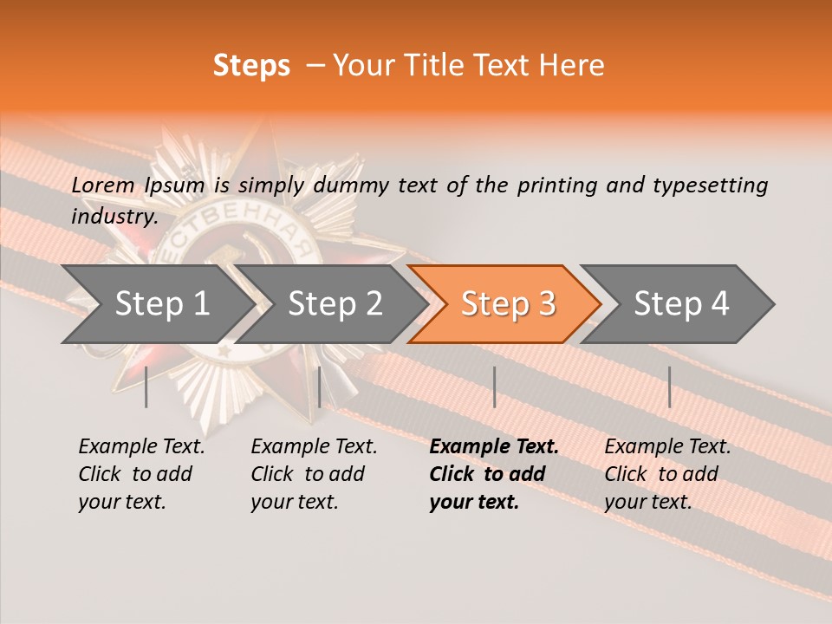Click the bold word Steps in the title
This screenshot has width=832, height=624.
[251, 66]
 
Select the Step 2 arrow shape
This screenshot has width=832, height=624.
[335, 303]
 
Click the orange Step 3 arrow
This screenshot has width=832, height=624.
[508, 303]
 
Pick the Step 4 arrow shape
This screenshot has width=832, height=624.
[681, 303]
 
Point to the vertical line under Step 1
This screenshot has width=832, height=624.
[146, 387]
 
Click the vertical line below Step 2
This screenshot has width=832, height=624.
[320, 387]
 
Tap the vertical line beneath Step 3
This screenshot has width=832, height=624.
[494, 387]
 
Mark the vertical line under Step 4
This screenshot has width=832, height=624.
[669, 387]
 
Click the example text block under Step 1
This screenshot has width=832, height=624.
[141, 474]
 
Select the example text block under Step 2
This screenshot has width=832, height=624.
[314, 474]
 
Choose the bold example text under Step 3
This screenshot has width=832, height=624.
[494, 474]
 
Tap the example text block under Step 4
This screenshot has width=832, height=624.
[667, 474]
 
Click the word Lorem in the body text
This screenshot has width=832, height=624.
[103, 185]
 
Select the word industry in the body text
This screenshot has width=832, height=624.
[114, 216]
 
